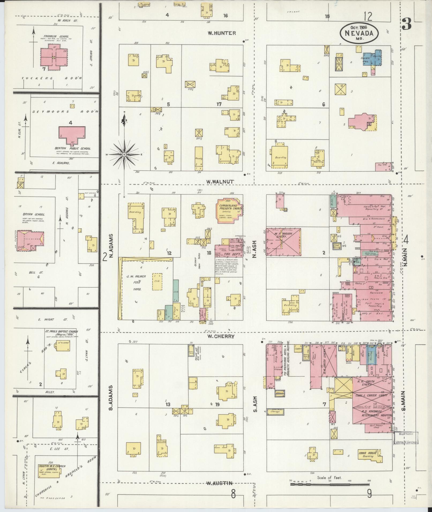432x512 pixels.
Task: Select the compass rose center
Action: pyautogui.click(x=124, y=155)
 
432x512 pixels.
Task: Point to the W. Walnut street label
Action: pyautogui.click(x=220, y=181)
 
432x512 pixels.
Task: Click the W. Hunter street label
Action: pyautogui.click(x=222, y=33)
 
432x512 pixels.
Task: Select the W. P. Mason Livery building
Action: pyautogui.click(x=283, y=241)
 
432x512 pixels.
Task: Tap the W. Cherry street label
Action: pyautogui.click(x=221, y=336)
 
